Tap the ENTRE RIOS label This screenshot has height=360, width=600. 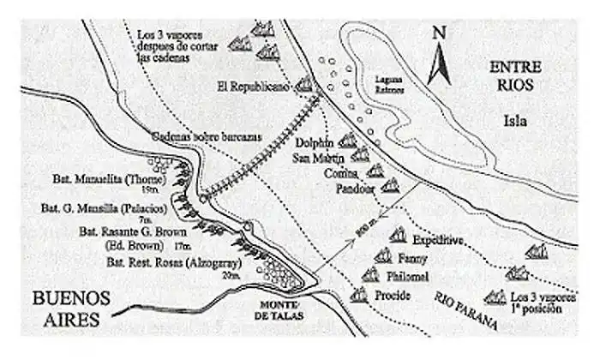pos(512,76)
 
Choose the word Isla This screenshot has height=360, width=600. pos(516,121)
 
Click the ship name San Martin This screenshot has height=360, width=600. pos(319,159)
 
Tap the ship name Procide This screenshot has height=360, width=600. pos(393,296)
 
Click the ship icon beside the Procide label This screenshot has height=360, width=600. pos(357,294)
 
